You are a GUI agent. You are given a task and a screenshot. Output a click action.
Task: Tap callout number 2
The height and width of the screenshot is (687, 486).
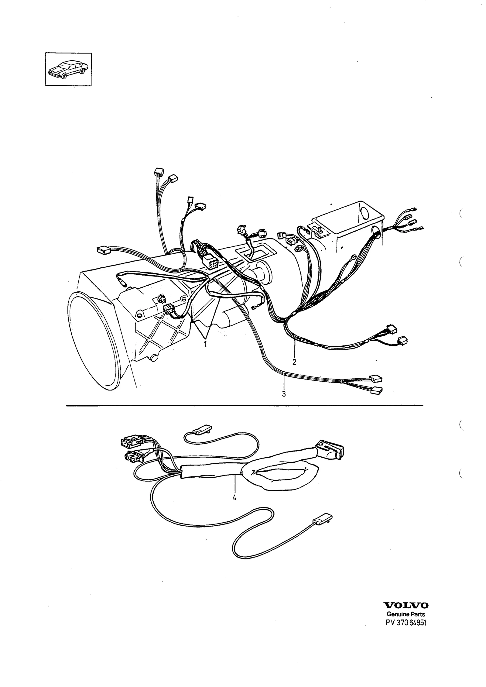point(294,362)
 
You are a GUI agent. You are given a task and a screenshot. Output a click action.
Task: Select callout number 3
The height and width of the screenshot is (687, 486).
point(283,394)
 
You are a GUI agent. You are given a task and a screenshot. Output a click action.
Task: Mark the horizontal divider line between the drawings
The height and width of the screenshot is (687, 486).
point(245,405)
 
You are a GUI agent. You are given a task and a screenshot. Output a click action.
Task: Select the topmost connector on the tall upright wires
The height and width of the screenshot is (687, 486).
point(159,171)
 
